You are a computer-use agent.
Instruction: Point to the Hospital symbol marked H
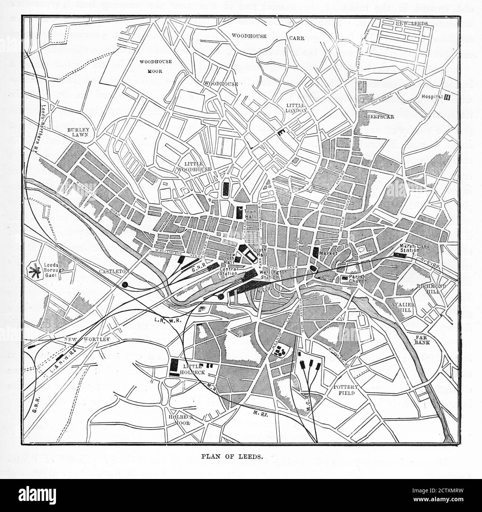pos(447,98)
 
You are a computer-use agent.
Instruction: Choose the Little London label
pos(296,108)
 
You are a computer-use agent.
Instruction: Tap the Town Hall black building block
pos(239,212)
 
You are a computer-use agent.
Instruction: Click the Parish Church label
pos(358,279)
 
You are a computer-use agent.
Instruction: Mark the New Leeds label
pos(412,23)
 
